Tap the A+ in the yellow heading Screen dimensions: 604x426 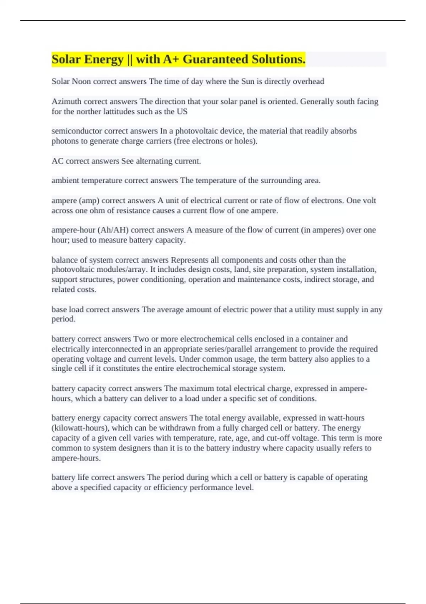point(171,59)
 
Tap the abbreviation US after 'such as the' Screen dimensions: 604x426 point(182,112)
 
